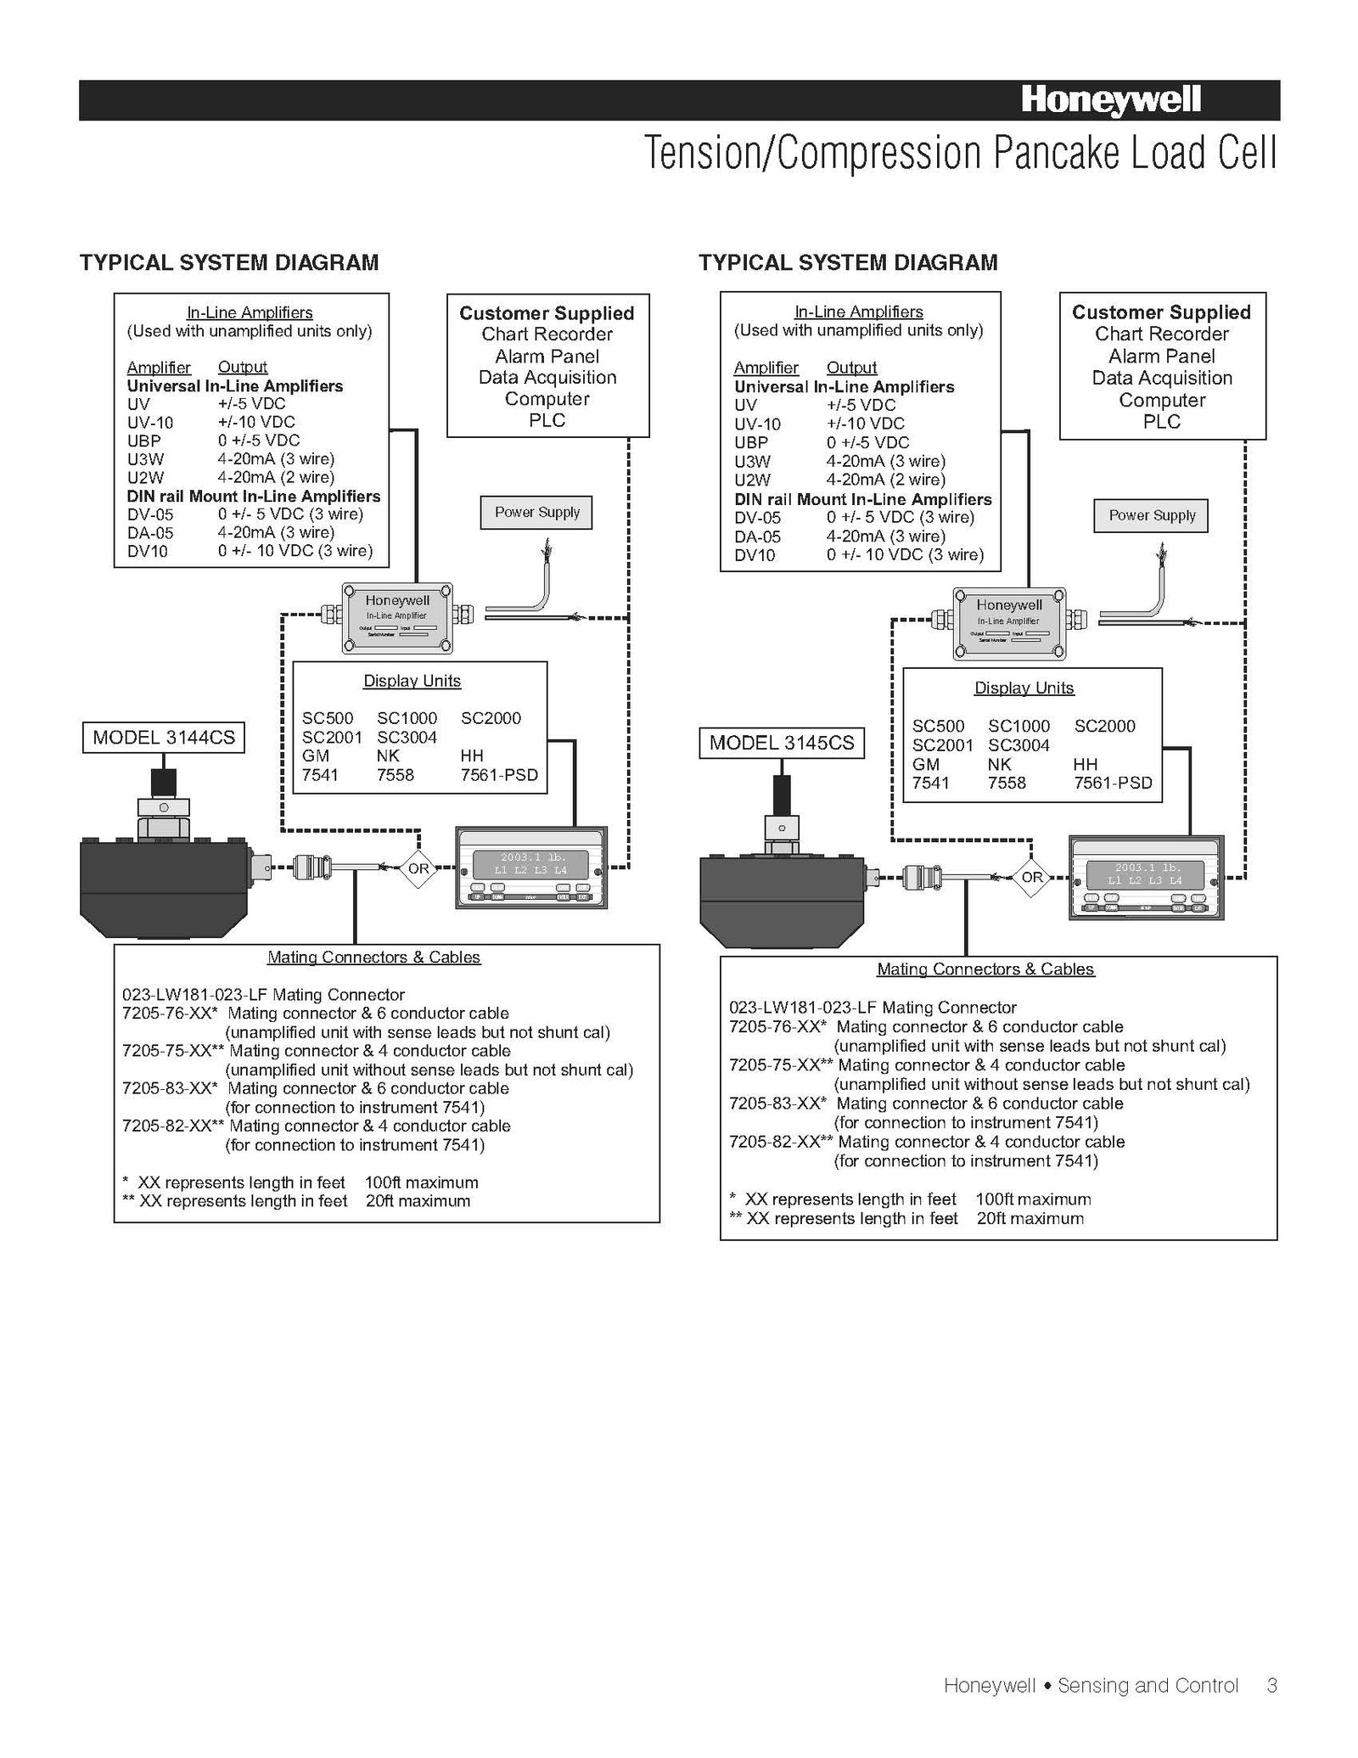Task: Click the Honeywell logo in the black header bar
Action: point(1110,101)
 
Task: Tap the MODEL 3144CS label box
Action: point(164,737)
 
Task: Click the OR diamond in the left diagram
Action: point(418,868)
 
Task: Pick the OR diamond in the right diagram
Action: point(1031,877)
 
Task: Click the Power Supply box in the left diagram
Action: point(536,513)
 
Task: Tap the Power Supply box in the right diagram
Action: point(1151,515)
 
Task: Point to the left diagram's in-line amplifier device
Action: point(397,618)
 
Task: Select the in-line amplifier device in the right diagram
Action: point(1008,623)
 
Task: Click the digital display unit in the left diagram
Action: point(531,867)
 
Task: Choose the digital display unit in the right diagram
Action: point(1145,877)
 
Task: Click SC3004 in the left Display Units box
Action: point(407,737)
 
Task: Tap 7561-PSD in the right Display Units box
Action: point(1113,783)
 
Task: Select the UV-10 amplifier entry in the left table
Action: point(150,422)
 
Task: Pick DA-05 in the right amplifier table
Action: point(757,536)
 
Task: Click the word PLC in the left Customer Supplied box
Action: point(547,420)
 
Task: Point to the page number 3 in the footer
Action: point(1271,1685)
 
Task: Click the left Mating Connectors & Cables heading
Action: point(373,958)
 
